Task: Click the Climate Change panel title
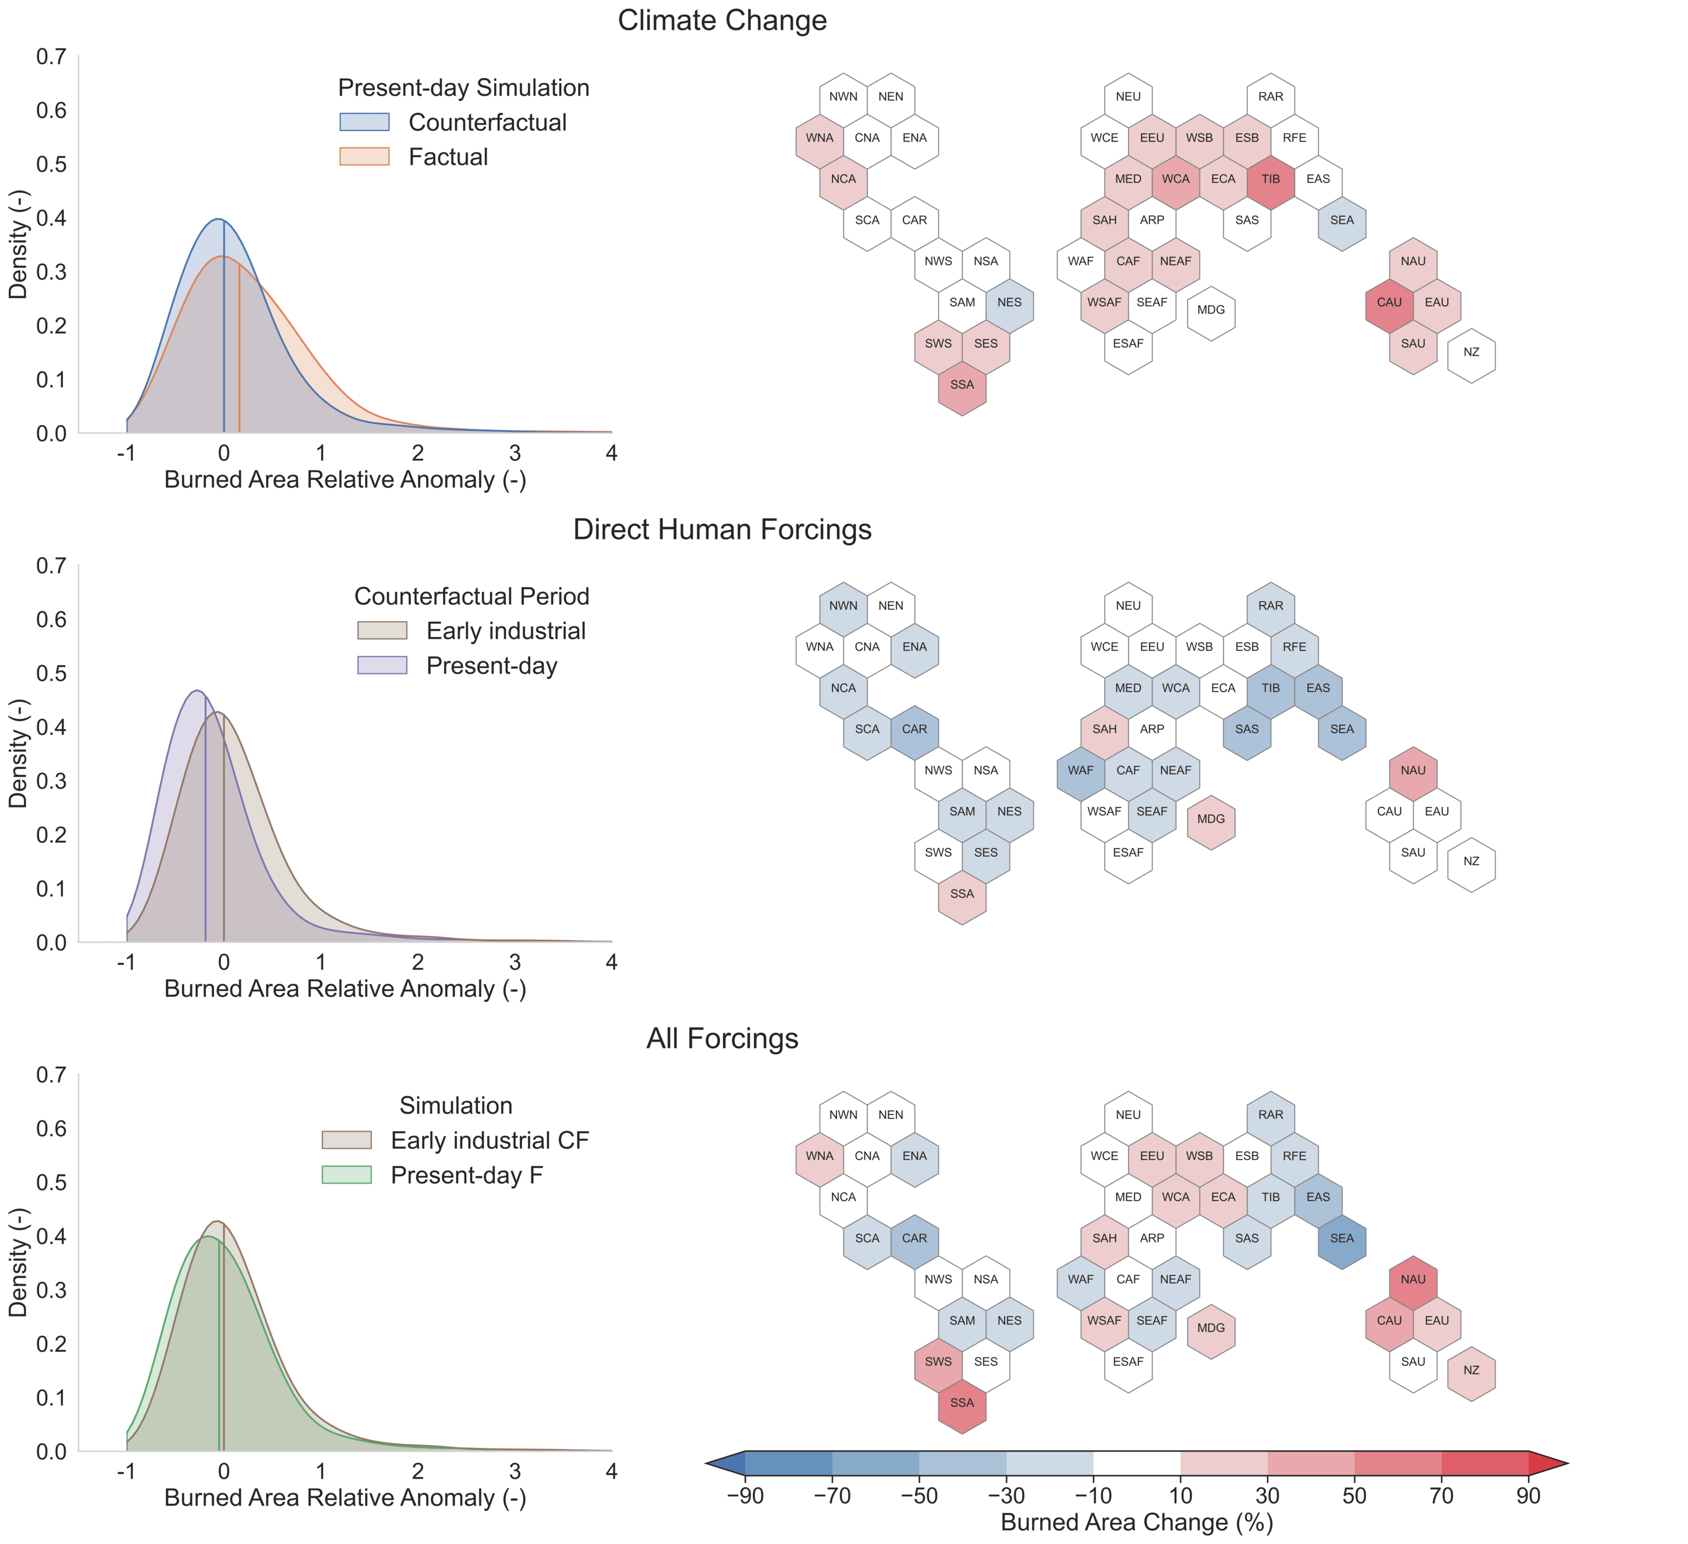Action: tap(722, 20)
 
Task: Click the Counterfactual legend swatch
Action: tap(364, 122)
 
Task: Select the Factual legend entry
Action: tap(448, 157)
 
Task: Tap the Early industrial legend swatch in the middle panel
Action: tap(382, 631)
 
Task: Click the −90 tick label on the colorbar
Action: tap(745, 1496)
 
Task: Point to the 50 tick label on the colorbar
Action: tap(1354, 1496)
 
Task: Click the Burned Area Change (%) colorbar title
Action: tap(1136, 1522)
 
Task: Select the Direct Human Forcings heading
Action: tap(722, 529)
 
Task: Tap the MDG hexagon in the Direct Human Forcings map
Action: tap(1211, 819)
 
